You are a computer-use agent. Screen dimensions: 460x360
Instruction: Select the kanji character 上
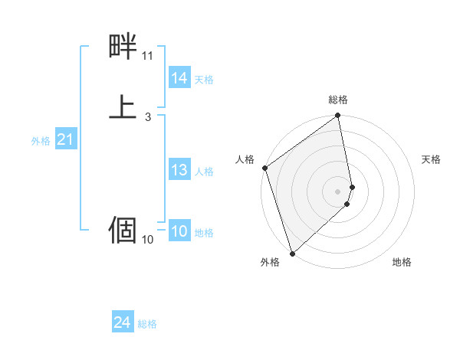click(x=123, y=108)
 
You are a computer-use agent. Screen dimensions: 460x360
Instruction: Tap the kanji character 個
click(x=123, y=230)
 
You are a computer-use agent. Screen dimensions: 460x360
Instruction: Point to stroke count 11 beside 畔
click(x=147, y=56)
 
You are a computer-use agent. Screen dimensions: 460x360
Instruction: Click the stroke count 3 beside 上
click(x=147, y=117)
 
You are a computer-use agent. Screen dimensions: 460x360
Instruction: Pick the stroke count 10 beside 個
click(x=147, y=240)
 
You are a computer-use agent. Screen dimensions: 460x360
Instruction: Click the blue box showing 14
click(x=179, y=78)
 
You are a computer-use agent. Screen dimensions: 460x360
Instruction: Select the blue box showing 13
click(x=179, y=170)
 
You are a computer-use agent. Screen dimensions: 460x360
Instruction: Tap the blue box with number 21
click(x=64, y=139)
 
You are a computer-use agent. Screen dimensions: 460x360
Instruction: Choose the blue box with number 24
click(x=123, y=323)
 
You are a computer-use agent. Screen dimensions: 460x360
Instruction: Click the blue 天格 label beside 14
click(x=204, y=80)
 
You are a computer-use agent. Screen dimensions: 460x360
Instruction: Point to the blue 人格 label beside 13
click(x=204, y=172)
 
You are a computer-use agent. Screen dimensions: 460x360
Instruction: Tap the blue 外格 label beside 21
click(x=41, y=141)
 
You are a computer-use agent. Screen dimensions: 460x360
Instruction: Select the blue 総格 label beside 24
click(x=147, y=325)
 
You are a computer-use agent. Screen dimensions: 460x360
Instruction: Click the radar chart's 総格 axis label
click(x=338, y=100)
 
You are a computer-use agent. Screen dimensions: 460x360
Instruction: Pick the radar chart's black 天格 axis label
click(x=431, y=159)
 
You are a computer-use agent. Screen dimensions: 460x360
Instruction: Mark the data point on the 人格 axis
click(x=264, y=168)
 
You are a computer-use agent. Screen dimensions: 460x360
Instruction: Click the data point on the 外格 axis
click(x=292, y=253)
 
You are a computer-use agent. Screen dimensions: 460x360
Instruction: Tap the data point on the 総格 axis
click(x=338, y=116)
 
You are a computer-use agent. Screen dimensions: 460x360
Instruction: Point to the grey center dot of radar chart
click(x=338, y=191)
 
